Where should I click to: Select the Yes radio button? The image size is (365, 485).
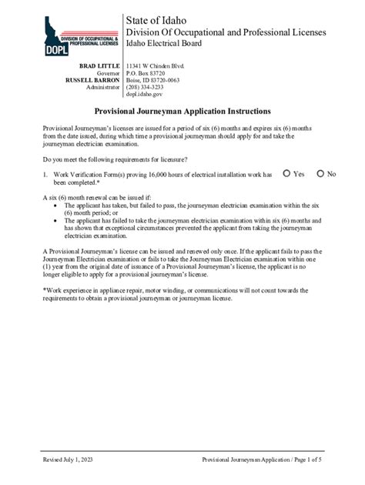click(x=286, y=174)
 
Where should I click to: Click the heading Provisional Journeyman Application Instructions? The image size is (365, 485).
click(x=182, y=111)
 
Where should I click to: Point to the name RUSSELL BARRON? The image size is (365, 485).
click(x=92, y=80)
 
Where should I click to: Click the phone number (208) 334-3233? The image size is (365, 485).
click(x=145, y=87)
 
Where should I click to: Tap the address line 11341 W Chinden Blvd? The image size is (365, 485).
click(x=156, y=67)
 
